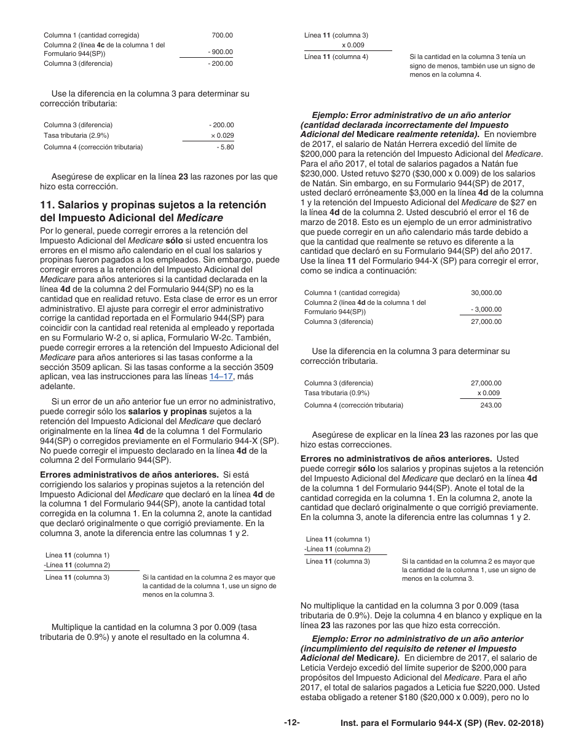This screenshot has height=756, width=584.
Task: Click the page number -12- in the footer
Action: point(291,723)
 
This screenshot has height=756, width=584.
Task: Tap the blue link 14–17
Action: point(221,377)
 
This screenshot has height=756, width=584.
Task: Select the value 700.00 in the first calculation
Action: point(223,35)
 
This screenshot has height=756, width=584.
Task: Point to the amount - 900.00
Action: point(220,52)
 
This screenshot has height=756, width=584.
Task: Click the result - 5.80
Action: point(224,147)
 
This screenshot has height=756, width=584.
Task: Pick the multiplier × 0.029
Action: point(222,135)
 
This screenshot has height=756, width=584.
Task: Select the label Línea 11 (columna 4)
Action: point(336,57)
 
